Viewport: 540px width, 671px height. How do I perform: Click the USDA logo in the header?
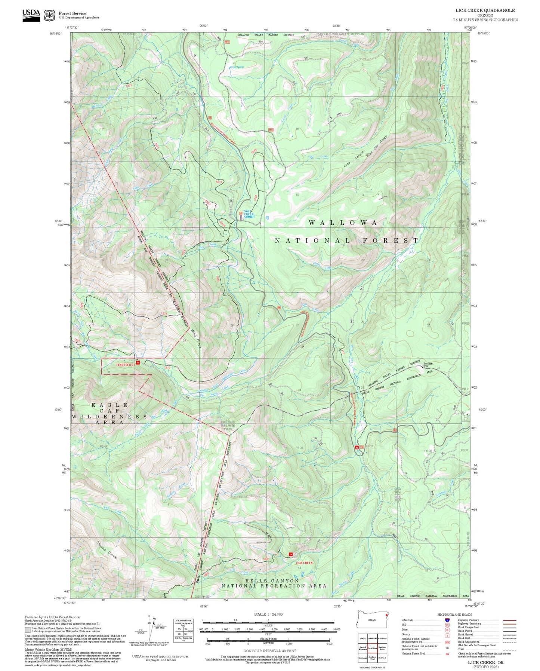(x=31, y=15)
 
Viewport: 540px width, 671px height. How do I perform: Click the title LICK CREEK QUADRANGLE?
(x=485, y=10)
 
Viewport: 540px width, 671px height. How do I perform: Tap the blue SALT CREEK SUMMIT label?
(x=249, y=214)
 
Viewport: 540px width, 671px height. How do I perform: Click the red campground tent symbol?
(x=357, y=447)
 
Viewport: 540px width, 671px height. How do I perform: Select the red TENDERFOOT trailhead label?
(x=125, y=364)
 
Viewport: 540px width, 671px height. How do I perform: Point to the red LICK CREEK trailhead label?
(x=304, y=563)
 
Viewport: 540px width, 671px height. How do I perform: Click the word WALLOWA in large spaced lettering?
(x=343, y=223)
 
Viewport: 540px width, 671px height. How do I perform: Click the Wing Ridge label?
(x=196, y=338)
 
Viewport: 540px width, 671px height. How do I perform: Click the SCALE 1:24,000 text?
(x=268, y=614)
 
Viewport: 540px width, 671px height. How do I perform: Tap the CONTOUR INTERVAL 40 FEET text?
(x=270, y=651)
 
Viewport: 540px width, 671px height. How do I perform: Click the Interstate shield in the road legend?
(x=447, y=620)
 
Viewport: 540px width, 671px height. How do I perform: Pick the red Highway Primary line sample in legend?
(x=509, y=620)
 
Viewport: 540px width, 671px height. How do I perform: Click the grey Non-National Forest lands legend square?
(x=28, y=629)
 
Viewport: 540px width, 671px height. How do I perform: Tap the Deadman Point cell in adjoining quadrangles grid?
(x=372, y=658)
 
